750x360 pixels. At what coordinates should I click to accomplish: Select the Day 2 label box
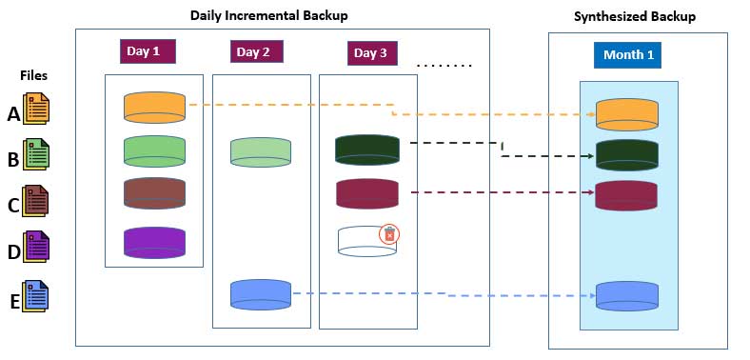point(253,52)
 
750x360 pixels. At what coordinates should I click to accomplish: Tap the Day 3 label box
point(370,53)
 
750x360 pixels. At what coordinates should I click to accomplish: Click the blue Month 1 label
point(627,55)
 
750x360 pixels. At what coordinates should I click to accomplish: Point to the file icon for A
point(36,110)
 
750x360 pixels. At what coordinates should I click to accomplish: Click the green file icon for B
point(36,155)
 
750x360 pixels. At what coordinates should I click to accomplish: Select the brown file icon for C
point(36,201)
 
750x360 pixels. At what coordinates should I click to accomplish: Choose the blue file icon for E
point(36,296)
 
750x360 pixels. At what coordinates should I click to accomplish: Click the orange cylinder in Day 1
point(154,107)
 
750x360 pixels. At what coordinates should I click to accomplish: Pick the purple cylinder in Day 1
point(154,242)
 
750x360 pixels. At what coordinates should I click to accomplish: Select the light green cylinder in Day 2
point(260,151)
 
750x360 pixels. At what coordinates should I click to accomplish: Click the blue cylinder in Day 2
point(260,293)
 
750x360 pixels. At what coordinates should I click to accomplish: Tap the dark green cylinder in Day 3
point(366,150)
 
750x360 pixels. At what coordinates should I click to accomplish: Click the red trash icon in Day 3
point(388,234)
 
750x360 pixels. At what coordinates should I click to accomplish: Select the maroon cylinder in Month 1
point(626,195)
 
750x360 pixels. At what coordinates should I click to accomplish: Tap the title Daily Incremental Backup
point(268,15)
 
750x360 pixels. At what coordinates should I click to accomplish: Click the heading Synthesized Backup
point(635,17)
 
